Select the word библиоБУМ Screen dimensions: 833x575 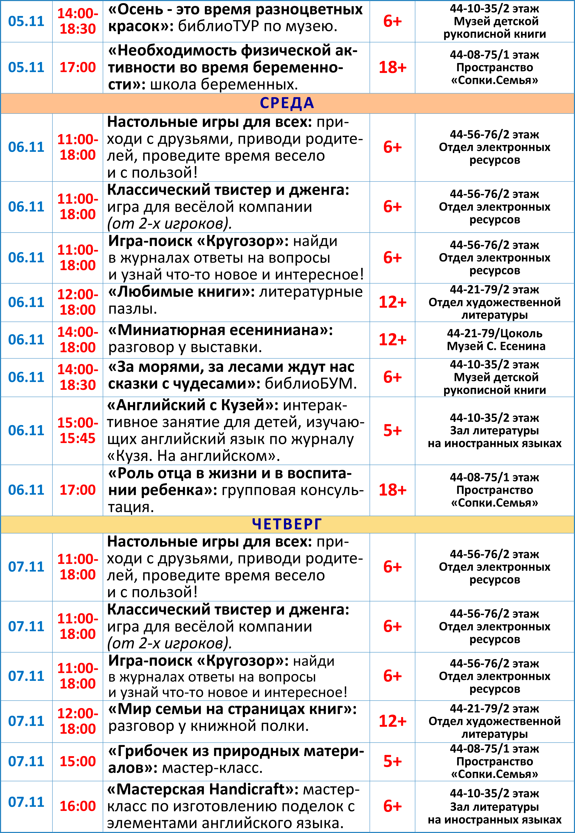(x=311, y=384)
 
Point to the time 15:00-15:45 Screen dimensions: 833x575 (x=77, y=431)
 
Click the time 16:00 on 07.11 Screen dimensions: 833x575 (x=77, y=806)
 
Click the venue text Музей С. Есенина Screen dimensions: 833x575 (x=496, y=346)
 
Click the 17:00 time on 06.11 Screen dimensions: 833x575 (x=77, y=490)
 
